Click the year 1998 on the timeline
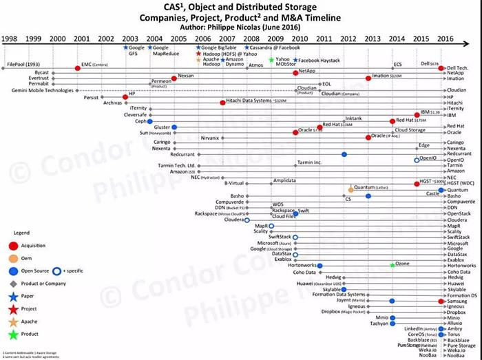pyautogui.click(x=10, y=39)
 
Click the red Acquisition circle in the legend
pyautogui.click(x=12, y=245)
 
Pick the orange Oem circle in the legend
pyautogui.click(x=12, y=257)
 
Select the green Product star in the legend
pyautogui.click(x=12, y=335)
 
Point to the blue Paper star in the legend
pyautogui.click(x=12, y=297)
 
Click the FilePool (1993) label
pyautogui.click(x=21, y=64)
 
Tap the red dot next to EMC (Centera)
pyautogui.click(x=77, y=68)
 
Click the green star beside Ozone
pyautogui.click(x=392, y=264)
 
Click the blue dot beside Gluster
pyautogui.click(x=175, y=127)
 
